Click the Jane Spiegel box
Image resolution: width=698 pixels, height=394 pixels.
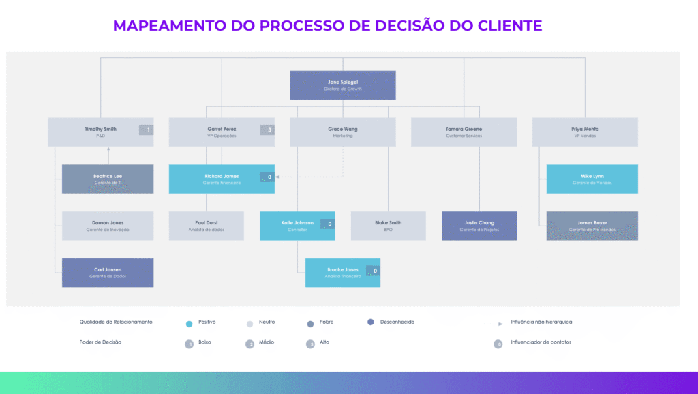[343, 85]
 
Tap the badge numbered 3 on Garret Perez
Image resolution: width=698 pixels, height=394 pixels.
[269, 130]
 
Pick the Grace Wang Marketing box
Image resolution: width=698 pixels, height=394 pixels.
[343, 132]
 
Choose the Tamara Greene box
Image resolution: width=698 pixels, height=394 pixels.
[464, 132]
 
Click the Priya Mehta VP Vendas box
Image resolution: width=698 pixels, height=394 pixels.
[585, 132]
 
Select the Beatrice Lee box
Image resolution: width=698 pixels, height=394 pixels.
[108, 179]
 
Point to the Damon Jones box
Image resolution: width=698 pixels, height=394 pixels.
[108, 226]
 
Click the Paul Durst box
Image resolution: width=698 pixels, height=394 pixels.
[206, 226]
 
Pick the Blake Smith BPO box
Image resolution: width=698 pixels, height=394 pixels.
[388, 226]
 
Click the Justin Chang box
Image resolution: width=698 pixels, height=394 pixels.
[479, 226]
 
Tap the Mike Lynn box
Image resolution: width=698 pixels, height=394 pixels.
[592, 179]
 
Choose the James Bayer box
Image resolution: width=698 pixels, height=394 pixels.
[592, 226]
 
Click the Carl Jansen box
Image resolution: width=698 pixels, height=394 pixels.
[108, 273]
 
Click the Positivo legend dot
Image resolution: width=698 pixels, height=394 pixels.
[189, 322]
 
